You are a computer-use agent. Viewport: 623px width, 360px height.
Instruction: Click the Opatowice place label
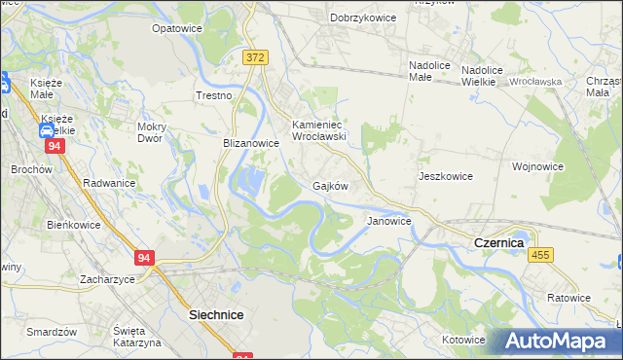click(176, 28)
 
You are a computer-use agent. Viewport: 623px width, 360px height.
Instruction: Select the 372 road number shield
click(255, 58)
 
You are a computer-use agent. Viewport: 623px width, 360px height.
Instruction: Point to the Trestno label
click(214, 95)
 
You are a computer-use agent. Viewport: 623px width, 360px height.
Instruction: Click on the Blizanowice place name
click(251, 142)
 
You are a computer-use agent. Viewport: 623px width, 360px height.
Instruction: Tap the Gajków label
click(330, 185)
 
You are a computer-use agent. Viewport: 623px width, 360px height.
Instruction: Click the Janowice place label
click(389, 221)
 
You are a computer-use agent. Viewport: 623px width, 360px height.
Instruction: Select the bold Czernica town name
click(499, 241)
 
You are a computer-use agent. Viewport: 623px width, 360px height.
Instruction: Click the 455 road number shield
click(541, 254)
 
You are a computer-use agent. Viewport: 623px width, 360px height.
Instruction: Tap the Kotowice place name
click(462, 340)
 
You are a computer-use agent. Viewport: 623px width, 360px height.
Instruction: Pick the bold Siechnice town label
click(215, 315)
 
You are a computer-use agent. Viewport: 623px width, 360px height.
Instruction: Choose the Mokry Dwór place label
click(157, 131)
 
